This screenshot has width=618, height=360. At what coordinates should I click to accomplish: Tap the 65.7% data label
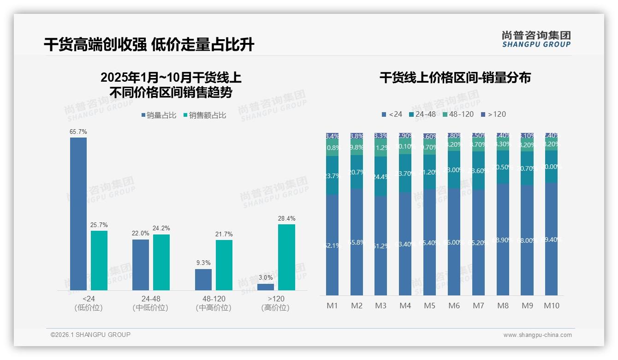coord(78,132)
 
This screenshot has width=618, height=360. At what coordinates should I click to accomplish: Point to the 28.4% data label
coord(287,219)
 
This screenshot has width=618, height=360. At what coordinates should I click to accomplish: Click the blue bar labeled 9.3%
coord(203,280)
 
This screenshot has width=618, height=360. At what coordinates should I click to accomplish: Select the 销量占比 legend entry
coord(159,115)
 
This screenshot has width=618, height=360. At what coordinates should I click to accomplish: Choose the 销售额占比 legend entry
coord(205,115)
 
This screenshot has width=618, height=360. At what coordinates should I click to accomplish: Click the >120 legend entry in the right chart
coord(493,114)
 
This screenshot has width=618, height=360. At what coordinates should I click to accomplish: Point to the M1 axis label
coord(333,306)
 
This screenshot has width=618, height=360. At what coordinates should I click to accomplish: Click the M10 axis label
coord(551,306)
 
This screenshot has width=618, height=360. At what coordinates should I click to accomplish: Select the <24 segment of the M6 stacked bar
coord(454,241)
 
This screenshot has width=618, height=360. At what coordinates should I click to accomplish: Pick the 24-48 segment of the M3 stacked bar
coord(381,176)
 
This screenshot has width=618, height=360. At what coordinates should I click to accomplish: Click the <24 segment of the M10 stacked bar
coord(551,239)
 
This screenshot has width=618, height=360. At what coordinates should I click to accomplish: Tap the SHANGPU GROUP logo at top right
coord(536,39)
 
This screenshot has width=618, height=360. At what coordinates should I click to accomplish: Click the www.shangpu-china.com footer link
coord(537,335)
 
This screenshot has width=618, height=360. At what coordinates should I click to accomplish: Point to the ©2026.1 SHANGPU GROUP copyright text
coord(90,335)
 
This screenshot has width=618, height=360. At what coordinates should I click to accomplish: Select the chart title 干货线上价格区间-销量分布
coord(455,78)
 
